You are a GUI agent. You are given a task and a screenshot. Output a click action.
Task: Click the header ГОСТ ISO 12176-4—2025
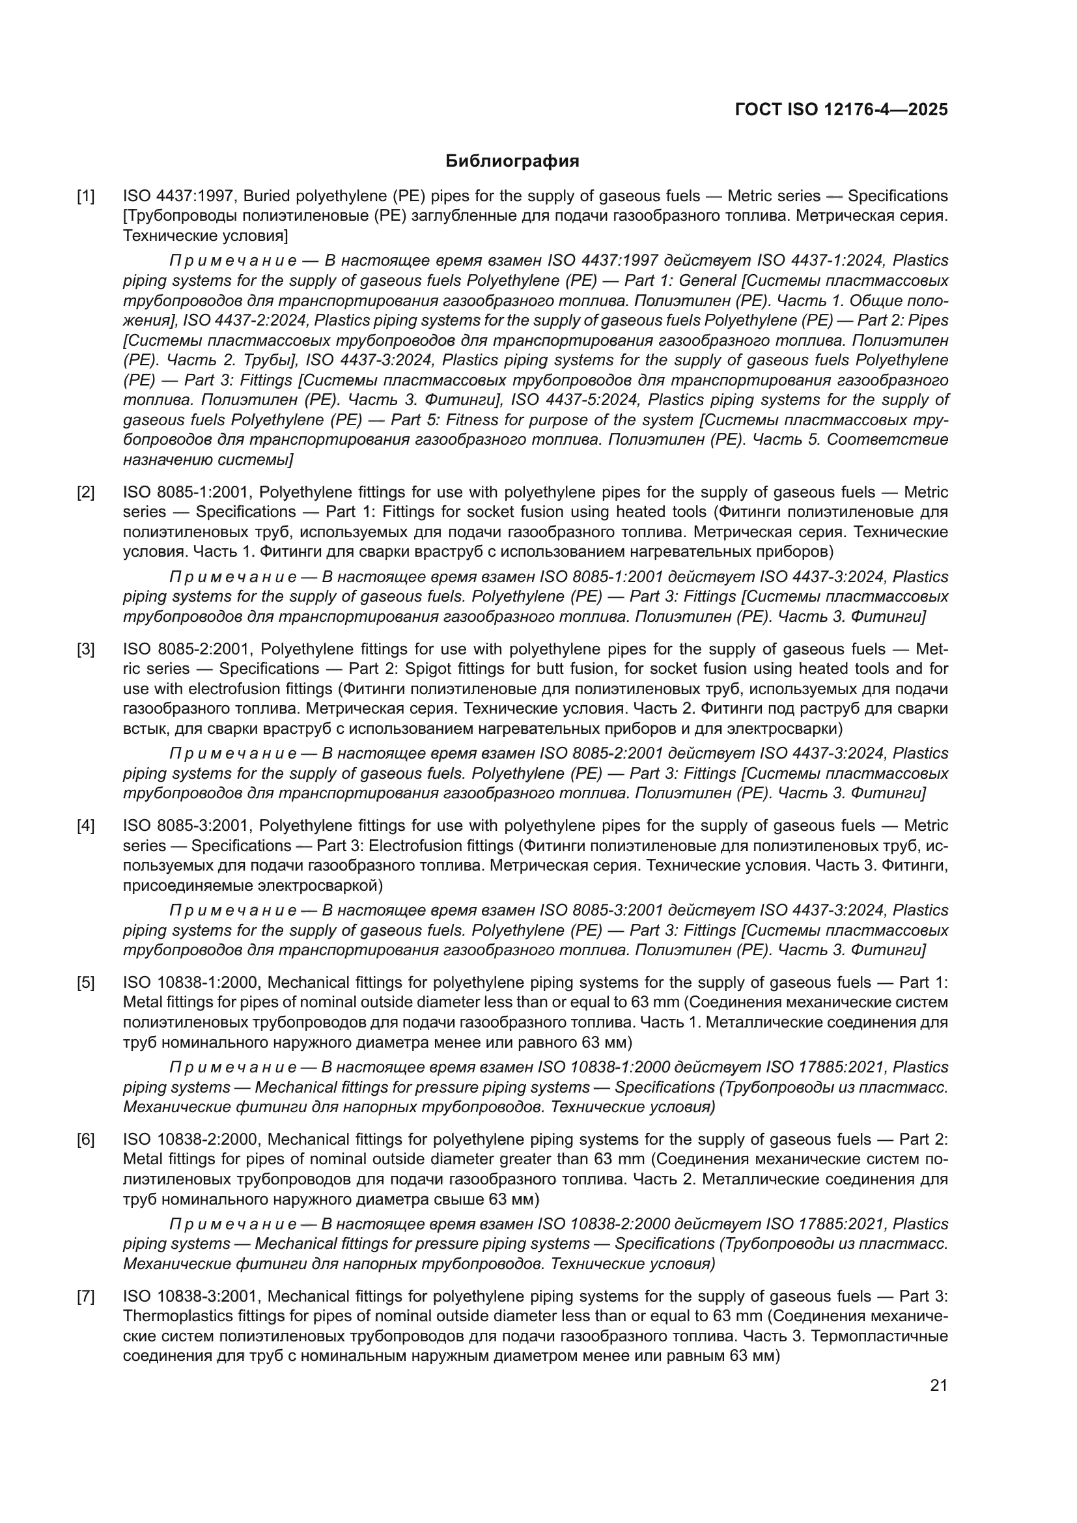841,109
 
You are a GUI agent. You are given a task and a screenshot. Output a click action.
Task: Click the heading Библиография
512,161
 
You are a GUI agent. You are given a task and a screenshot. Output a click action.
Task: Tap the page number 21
938,1385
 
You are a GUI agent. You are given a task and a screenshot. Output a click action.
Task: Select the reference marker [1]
85,197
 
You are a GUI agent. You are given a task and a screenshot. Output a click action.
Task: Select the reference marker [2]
85,492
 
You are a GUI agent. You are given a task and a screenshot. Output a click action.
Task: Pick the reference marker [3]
85,649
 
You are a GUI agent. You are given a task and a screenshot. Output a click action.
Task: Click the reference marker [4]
85,826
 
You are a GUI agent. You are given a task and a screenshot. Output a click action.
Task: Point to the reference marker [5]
85,983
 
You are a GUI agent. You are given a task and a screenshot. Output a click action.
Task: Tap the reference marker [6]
85,1139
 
